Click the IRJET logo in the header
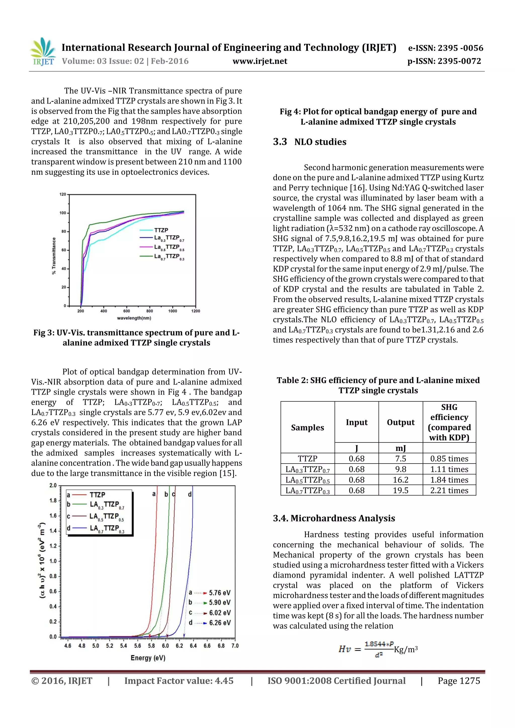[x=44, y=52]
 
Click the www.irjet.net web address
[x=260, y=61]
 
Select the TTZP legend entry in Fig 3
[x=161, y=230]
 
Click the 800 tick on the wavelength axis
[x=150, y=311]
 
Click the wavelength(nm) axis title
[x=134, y=318]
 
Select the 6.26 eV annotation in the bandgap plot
[x=220, y=623]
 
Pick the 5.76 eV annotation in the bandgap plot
[x=220, y=593]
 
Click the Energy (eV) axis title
[x=148, y=658]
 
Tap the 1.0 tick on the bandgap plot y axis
[x=53, y=561]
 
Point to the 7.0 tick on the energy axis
[x=235, y=646]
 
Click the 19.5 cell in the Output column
[x=401, y=490]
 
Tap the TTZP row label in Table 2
[x=307, y=459]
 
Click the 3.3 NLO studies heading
[x=310, y=142]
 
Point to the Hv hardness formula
[x=378, y=649]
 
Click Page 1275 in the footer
[x=459, y=681]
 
